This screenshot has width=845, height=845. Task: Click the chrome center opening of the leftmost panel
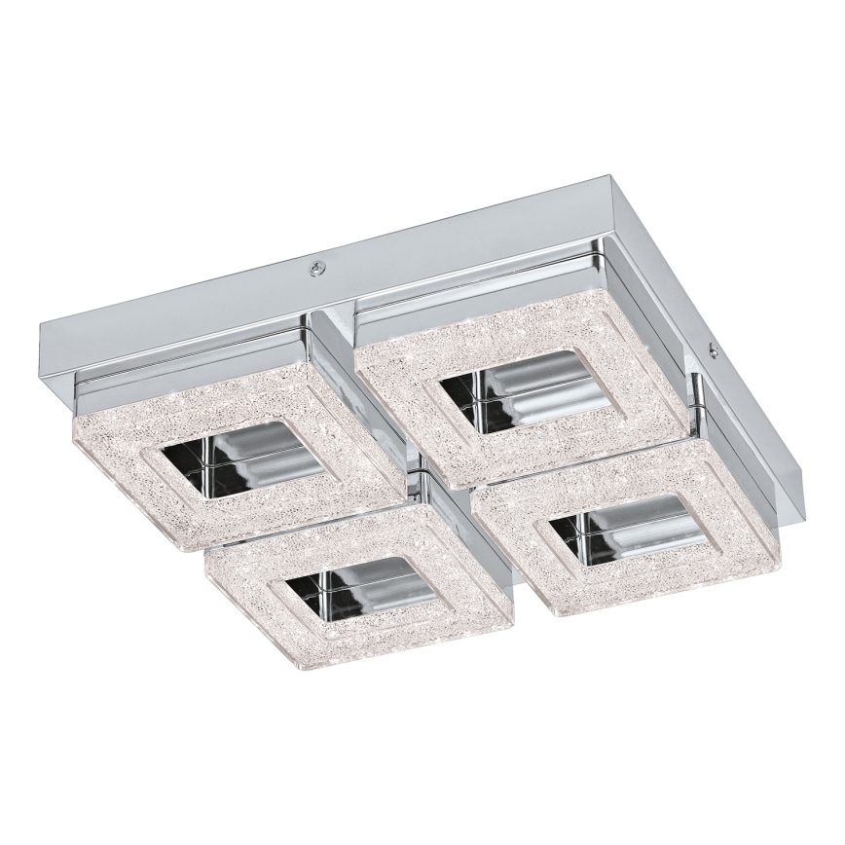(x=243, y=456)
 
